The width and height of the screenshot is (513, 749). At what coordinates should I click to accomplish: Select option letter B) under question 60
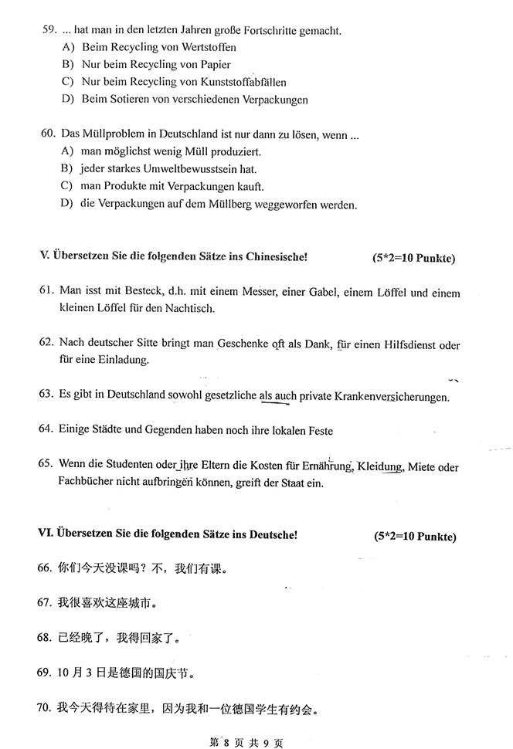(66, 169)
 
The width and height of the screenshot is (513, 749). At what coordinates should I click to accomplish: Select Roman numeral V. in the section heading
(44, 256)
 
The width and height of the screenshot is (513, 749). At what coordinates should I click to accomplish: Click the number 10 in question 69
(65, 672)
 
